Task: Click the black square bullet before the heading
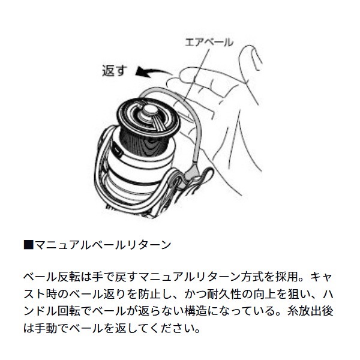point(26,245)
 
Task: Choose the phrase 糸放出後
point(313,313)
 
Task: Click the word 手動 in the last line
point(46,329)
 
